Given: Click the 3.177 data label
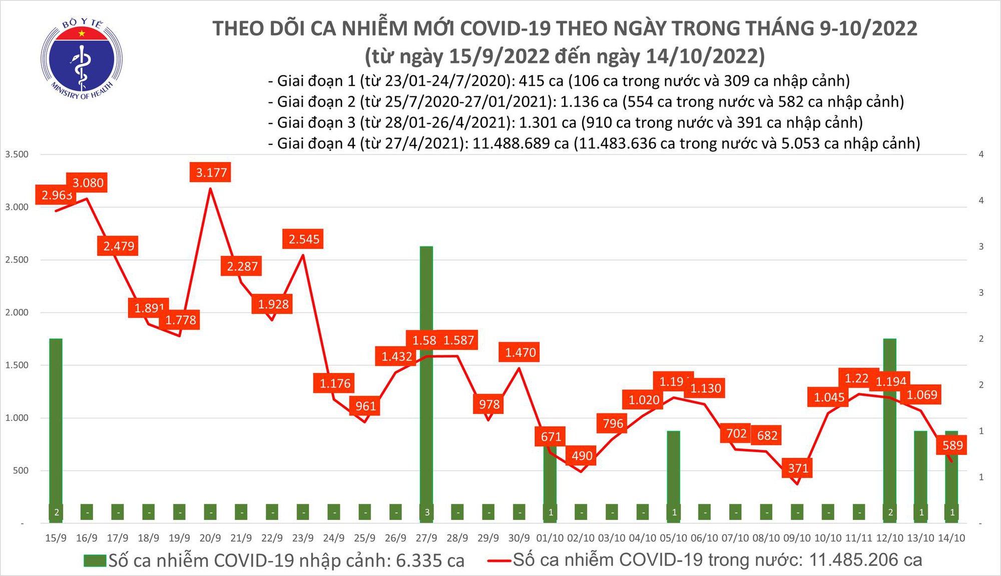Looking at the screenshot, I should tap(211, 172).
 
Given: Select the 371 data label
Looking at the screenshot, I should tap(798, 468).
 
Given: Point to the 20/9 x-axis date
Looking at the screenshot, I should tap(210, 538).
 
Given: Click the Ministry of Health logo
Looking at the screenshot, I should tap(82, 59).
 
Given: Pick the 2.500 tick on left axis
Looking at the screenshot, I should tap(17, 259).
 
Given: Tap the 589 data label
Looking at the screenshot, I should tap(952, 445).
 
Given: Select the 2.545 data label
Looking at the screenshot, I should tap(303, 239).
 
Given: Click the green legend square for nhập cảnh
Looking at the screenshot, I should tap(95, 560).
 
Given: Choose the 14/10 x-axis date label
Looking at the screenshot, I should tap(951, 538).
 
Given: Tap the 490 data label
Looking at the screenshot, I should tap(582, 455).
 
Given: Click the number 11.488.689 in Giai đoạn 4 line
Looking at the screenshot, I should tap(521, 143).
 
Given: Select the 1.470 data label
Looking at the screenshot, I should tap(520, 352).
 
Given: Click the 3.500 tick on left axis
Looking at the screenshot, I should tap(17, 154).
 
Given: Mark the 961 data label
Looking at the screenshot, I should tap(365, 405).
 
